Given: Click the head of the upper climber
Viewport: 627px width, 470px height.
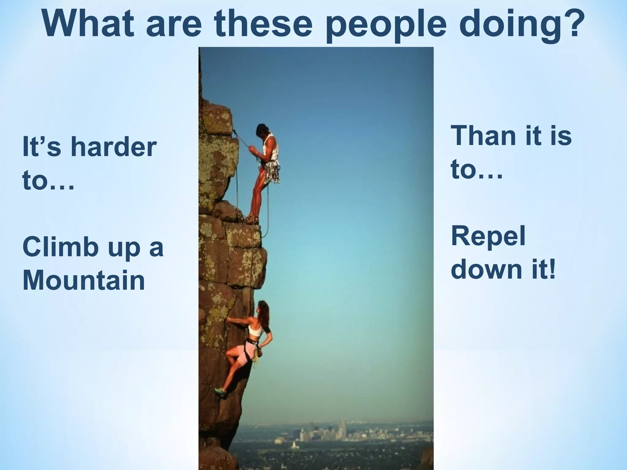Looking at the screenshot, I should click(262, 130).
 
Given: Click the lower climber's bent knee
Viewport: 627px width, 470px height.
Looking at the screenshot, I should click(229, 356).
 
